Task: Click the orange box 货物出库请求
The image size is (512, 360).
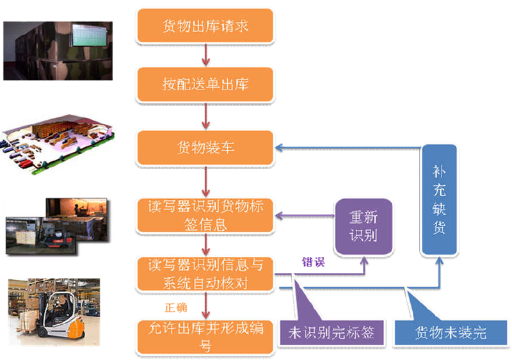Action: point(205,26)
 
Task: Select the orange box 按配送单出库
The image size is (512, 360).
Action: point(205,83)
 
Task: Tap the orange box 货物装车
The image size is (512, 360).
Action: point(205,148)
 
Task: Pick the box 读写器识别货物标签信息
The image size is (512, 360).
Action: point(205,215)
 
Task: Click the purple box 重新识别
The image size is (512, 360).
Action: point(363,226)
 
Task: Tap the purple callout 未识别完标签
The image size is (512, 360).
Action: point(330,333)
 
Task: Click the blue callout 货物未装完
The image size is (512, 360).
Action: point(451,332)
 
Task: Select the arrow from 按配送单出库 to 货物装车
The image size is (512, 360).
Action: point(205,116)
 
